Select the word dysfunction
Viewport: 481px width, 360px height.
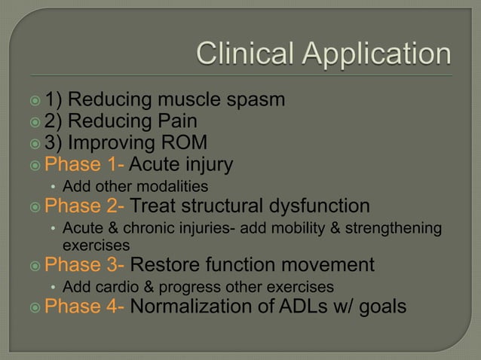click(317, 206)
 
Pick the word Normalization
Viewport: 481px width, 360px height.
click(191, 307)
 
